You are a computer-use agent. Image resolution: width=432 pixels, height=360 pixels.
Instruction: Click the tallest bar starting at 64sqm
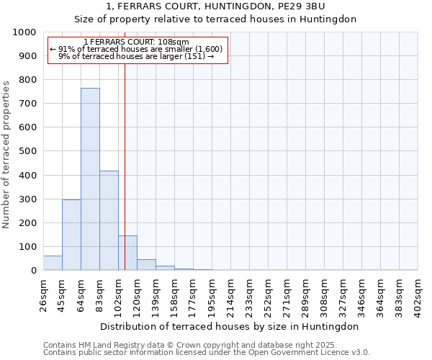[90, 179]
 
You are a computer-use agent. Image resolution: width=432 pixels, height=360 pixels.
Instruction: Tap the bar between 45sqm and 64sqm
[71, 235]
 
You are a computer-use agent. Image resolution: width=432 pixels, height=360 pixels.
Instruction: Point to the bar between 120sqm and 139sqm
[146, 264]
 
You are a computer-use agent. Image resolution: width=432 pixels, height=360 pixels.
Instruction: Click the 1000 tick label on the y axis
[24, 32]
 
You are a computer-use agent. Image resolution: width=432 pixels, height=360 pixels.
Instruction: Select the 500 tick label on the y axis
[27, 151]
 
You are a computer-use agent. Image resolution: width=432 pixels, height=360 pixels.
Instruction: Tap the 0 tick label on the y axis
[34, 271]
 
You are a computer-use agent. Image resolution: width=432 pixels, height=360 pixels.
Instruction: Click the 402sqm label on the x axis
[418, 294]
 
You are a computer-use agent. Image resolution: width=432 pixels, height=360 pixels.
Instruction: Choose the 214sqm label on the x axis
[230, 294]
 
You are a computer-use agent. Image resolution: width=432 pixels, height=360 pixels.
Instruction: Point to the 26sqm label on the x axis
[43, 294]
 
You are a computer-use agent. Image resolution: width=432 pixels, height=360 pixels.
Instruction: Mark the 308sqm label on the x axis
[325, 294]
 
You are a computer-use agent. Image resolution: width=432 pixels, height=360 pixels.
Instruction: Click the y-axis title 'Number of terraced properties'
[6, 154]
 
